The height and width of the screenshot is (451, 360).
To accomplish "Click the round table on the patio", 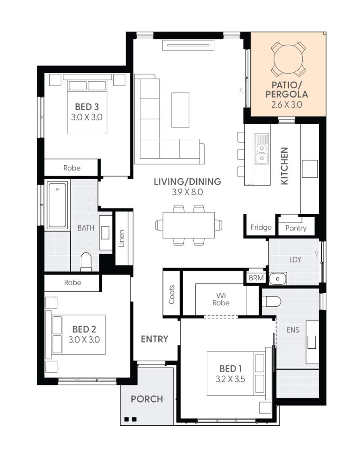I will pos(288,59).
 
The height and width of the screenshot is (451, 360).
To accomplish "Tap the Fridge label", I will pos(261,228).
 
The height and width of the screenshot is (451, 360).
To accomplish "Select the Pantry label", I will pos(296,228).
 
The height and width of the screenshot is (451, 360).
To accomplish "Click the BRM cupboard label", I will pos(256,278).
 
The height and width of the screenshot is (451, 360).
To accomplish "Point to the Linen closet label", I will pos(121,238).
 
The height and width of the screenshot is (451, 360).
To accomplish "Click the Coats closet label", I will pos(172,294).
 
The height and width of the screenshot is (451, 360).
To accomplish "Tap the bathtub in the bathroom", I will pos(57,205).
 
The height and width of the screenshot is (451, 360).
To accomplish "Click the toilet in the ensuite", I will pos(271,301).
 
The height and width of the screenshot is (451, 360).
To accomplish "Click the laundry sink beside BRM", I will pos(277,278).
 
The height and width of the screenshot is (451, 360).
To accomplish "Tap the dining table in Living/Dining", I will pos(188,225).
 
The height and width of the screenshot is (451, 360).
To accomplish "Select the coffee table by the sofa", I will pos(180,109).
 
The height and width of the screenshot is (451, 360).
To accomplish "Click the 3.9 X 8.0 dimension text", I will pos(187,193).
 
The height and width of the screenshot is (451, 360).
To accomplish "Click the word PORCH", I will pos(147,399).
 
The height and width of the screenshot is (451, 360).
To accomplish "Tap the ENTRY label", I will pos(155,339).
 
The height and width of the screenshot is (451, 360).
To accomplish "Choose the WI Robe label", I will pos(221,298).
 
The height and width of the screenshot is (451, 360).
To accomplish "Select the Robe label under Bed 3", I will pos(72,168).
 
